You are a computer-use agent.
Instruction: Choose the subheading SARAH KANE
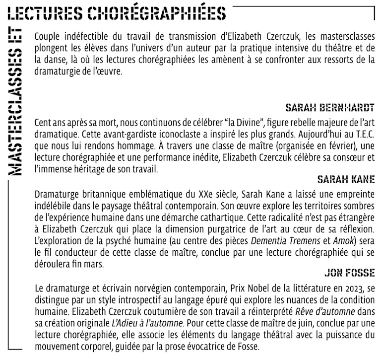tap(345, 179)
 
